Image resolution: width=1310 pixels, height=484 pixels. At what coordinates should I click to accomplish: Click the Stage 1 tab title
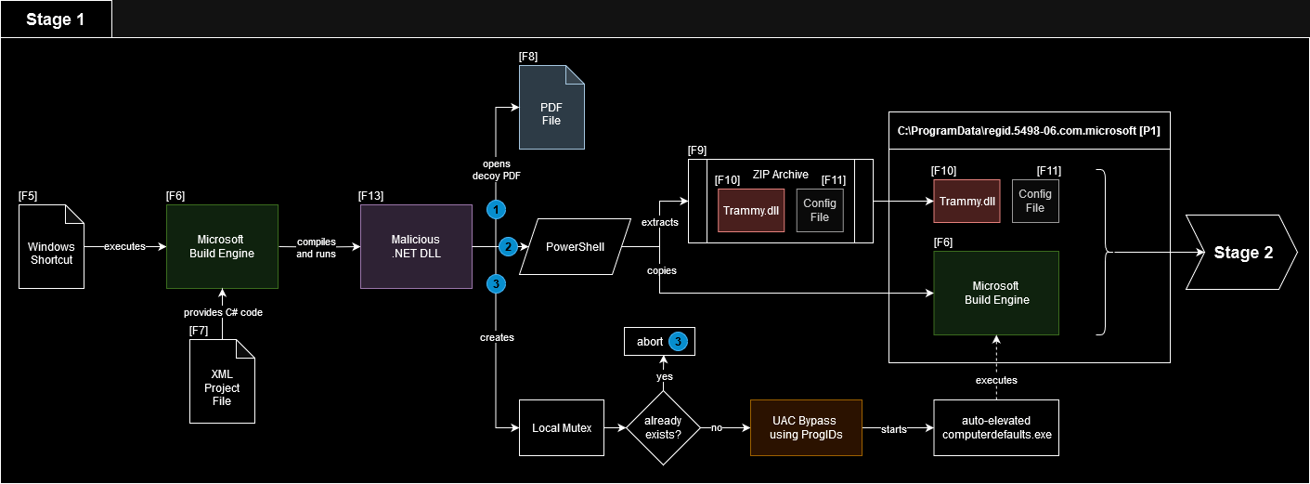pos(55,20)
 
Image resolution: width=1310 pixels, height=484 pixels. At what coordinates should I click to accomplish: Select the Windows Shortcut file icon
pos(51,246)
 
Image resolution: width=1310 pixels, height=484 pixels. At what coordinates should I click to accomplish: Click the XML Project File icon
pos(222,382)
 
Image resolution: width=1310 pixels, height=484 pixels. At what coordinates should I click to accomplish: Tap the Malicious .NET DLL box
pos(415,246)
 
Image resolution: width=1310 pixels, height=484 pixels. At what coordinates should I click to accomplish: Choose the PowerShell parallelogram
pos(569,247)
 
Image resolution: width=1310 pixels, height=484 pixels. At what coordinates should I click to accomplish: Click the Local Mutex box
pos(562,428)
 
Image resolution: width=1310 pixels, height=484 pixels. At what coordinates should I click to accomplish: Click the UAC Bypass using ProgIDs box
pos(806,428)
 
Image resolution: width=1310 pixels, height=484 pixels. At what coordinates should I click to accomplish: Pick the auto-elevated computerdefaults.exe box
pos(985,428)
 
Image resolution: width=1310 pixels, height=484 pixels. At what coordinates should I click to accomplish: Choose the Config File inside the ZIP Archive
pos(820,210)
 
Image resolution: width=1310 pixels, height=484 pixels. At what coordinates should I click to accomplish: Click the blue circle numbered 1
pos(497,210)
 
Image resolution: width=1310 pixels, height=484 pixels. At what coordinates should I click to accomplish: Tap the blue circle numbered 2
pos(508,247)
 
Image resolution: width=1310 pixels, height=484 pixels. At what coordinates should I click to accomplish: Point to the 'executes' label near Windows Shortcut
pos(124,247)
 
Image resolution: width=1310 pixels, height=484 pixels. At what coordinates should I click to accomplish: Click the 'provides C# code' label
pos(223,312)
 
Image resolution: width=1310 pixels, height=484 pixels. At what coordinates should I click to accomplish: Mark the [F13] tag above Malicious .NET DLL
pos(371,196)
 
